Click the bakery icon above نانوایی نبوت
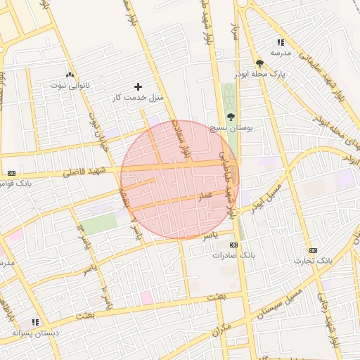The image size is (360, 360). [x=69, y=75]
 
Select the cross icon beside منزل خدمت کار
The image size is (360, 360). [x=138, y=86]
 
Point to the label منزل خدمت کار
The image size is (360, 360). [x=138, y=97]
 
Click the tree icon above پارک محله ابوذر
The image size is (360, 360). [x=259, y=63]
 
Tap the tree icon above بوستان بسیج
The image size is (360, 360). [x=231, y=117]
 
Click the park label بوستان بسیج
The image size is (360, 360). [x=231, y=128]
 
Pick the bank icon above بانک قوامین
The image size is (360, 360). [x=11, y=173]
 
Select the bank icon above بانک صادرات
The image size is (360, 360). [x=233, y=245]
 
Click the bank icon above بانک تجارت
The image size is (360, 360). [x=313, y=250]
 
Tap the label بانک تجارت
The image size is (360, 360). [x=314, y=261]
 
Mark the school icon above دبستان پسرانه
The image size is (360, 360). [x=35, y=322]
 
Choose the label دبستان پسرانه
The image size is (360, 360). [x=35, y=333]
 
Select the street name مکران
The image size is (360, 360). [x=224, y=329]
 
